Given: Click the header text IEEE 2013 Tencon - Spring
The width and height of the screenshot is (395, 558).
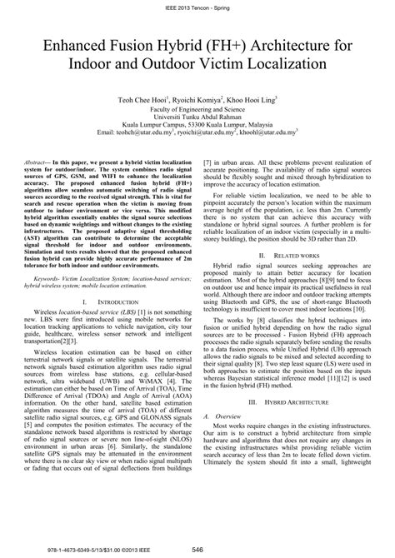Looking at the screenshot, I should click(197, 7).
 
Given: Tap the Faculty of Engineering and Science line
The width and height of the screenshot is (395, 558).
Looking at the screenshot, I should click(197, 109).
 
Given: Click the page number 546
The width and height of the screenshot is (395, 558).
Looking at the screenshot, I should click(197, 548).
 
